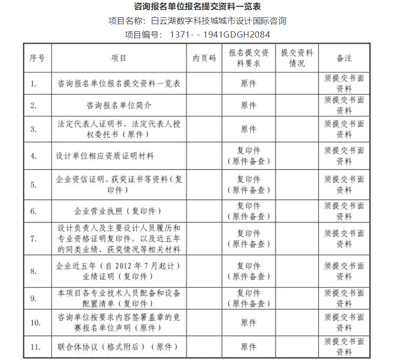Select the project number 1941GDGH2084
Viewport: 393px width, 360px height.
(x=236, y=35)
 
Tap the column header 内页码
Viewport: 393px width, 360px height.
(x=204, y=58)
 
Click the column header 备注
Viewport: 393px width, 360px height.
(x=344, y=58)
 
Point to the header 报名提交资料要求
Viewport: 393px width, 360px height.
(x=248, y=58)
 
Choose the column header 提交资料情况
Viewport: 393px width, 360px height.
(x=297, y=58)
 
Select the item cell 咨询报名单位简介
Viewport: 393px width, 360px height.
(x=119, y=106)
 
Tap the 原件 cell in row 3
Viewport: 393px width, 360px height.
(x=248, y=129)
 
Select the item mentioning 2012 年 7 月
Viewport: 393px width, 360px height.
(x=119, y=271)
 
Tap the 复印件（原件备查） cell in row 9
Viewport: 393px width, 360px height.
(x=248, y=298)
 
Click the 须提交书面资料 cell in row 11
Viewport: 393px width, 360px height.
(x=344, y=347)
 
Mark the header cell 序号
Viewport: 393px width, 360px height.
(x=37, y=58)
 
